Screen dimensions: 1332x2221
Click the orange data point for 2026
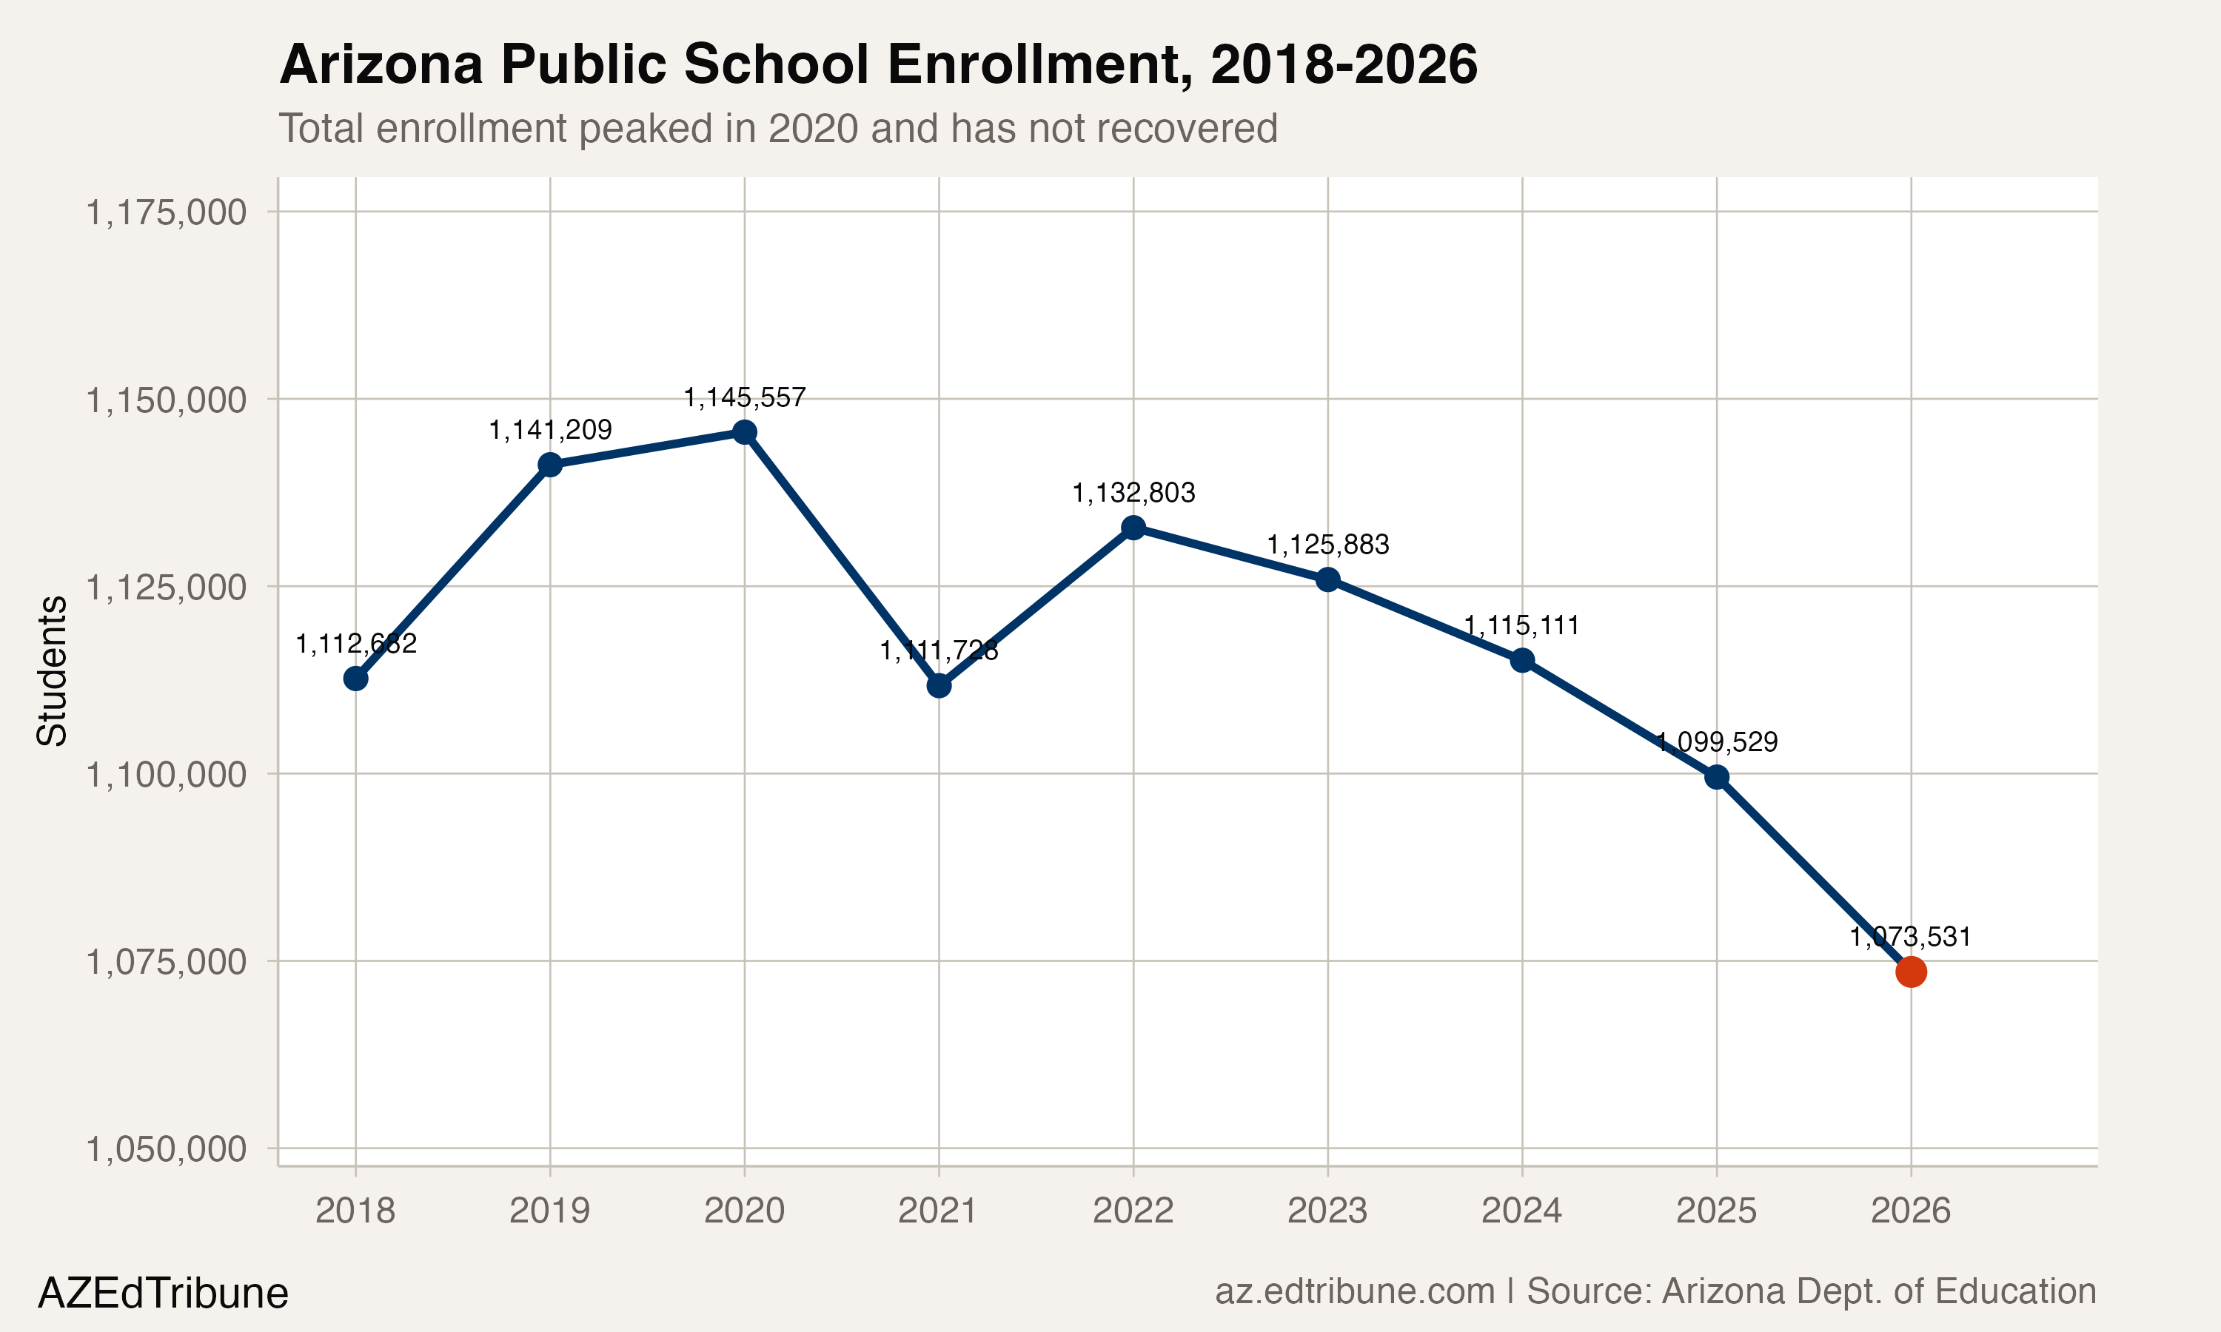pos(1910,971)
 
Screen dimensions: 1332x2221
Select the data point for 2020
pos(744,433)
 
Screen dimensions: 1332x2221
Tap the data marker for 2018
pos(355,679)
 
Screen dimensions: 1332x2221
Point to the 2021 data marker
pos(939,686)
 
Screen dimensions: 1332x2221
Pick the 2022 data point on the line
pos(1133,528)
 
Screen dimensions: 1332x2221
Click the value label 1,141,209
pos(549,431)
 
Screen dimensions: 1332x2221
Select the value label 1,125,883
pos(1327,545)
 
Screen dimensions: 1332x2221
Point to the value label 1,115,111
pos(1521,625)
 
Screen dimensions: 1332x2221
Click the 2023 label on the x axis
pos(1327,1211)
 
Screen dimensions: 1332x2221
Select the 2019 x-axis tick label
pos(549,1211)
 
